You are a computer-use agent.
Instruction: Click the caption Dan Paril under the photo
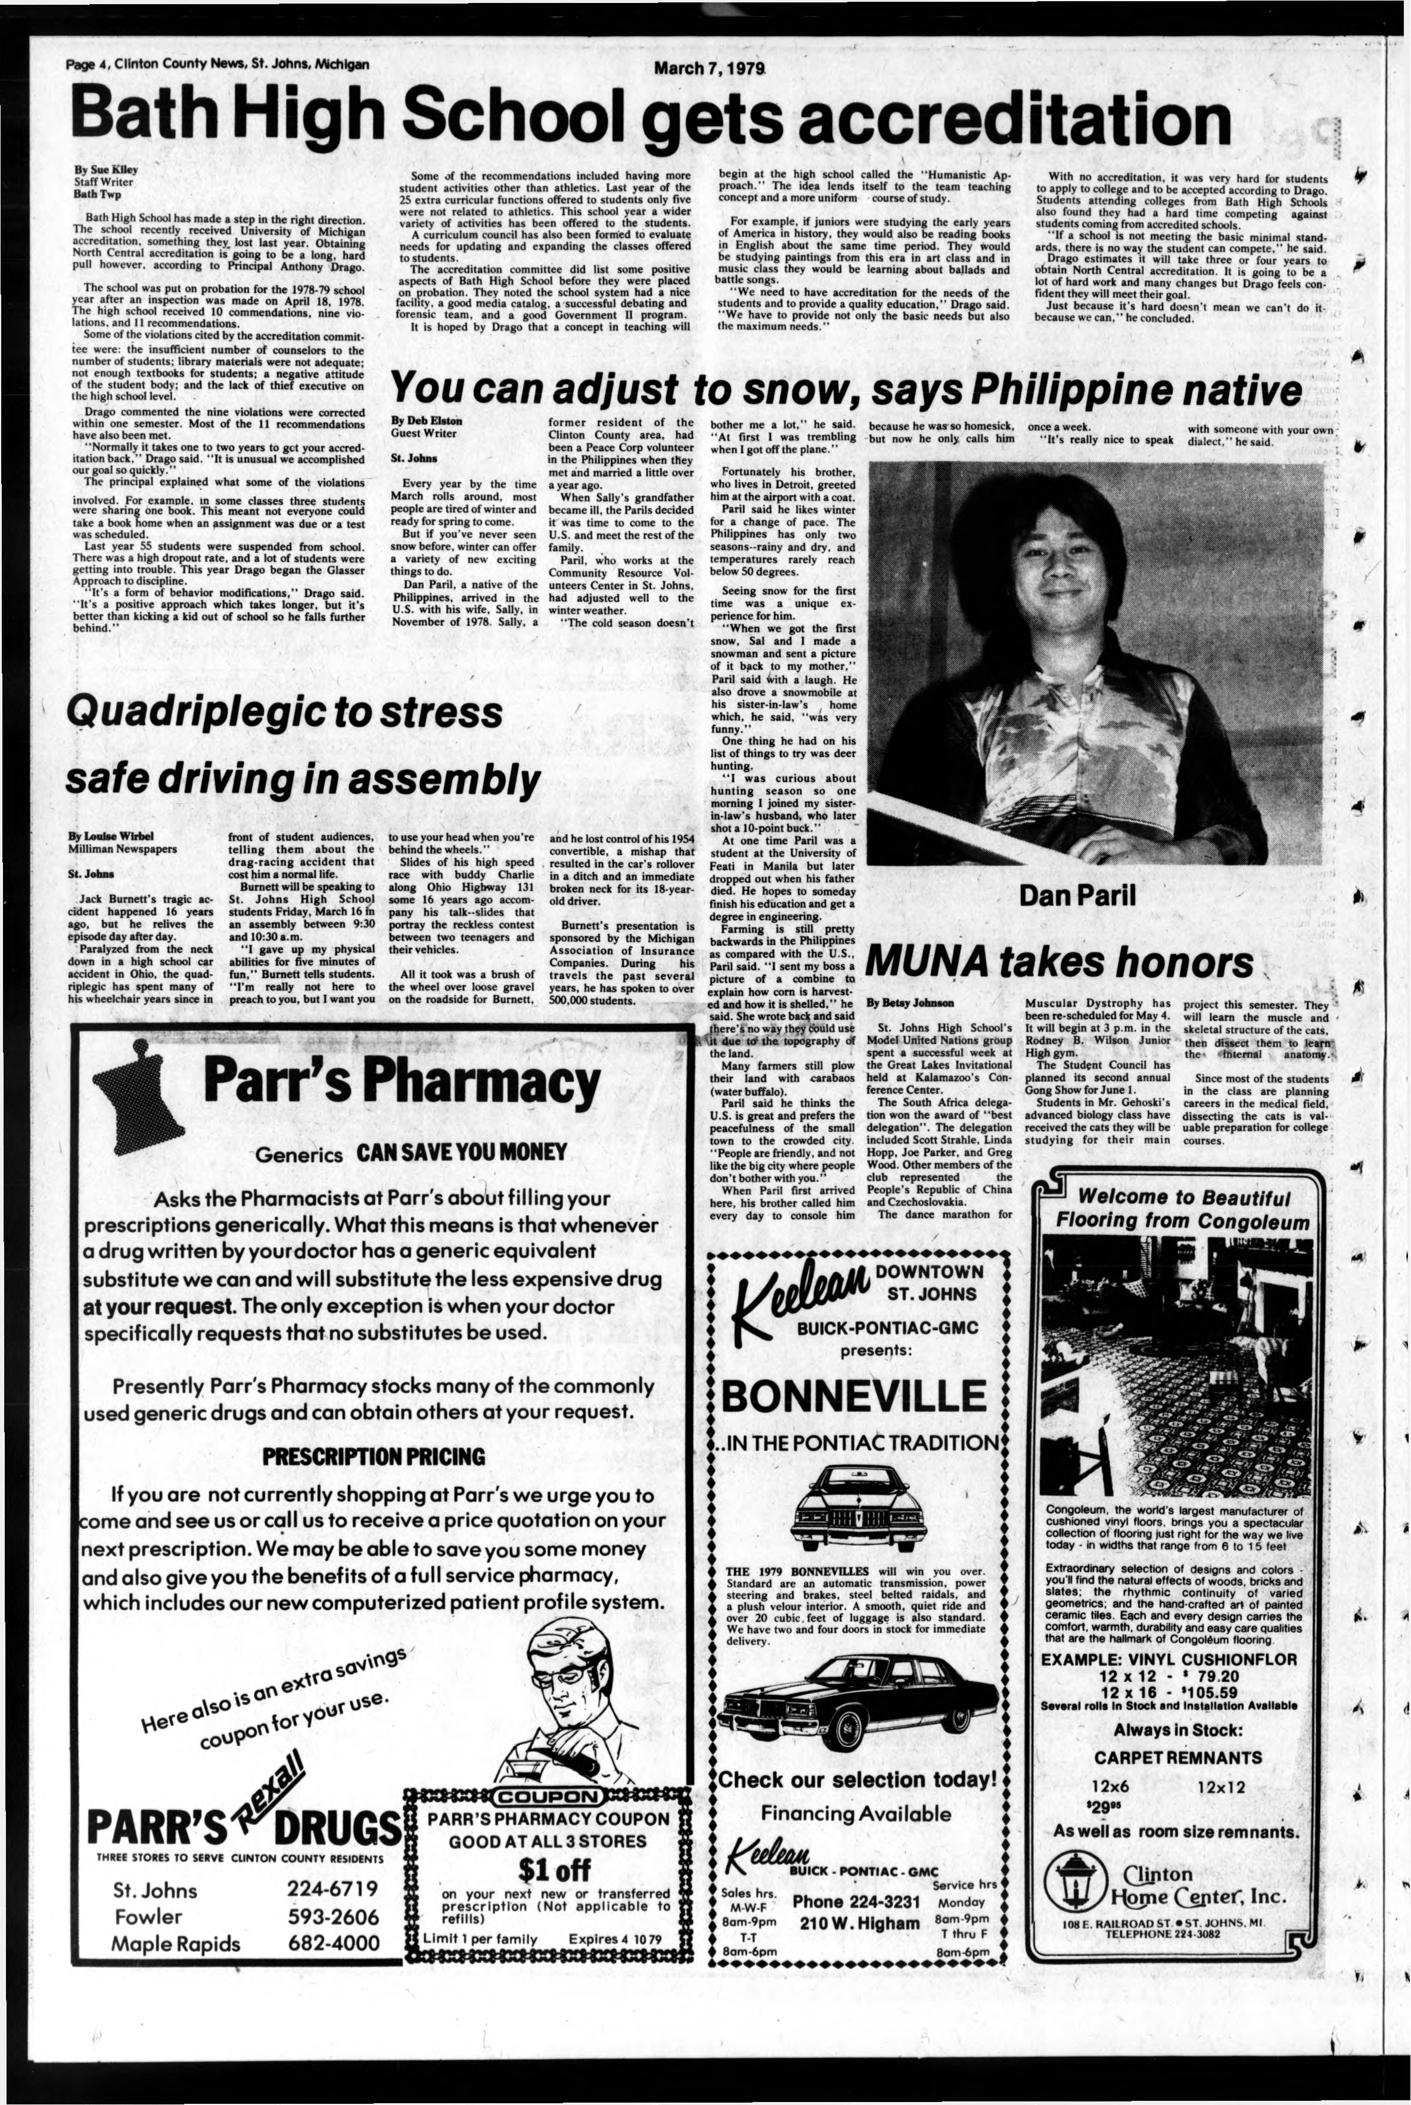tap(1077, 895)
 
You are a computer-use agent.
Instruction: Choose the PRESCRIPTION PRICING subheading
tap(374, 1456)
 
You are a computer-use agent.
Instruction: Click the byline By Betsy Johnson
tap(910, 1002)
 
